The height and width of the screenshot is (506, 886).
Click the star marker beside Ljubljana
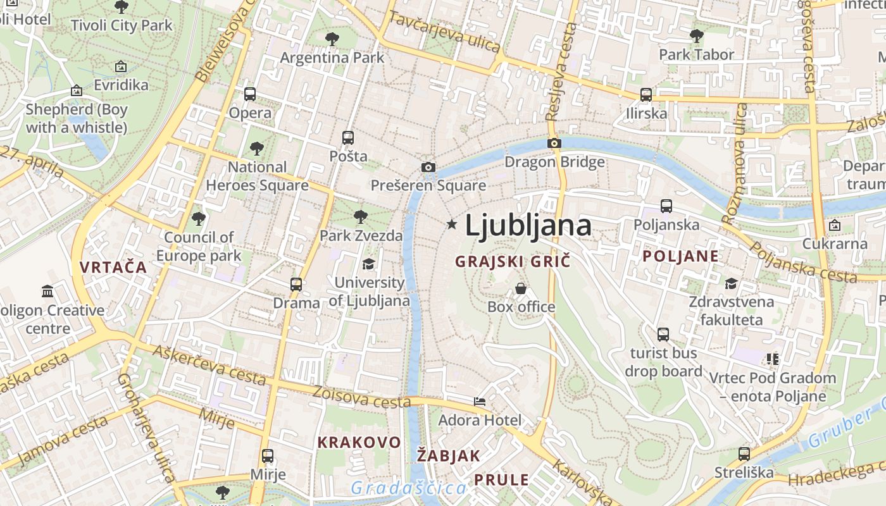(x=452, y=224)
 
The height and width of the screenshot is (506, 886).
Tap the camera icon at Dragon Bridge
(x=554, y=143)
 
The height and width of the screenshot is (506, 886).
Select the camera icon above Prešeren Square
(x=428, y=167)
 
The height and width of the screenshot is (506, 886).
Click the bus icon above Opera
(x=250, y=94)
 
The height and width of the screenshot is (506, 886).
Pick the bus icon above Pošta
(x=347, y=137)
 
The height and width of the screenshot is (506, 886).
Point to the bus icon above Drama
(x=296, y=284)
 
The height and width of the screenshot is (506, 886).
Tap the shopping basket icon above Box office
(x=521, y=288)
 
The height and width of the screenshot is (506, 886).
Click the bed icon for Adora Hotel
(x=480, y=401)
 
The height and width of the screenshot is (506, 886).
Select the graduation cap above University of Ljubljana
(x=368, y=264)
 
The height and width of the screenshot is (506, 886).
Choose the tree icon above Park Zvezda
(x=361, y=217)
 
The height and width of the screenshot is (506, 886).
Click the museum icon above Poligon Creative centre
(x=47, y=292)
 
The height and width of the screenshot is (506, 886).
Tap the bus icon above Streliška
(x=744, y=454)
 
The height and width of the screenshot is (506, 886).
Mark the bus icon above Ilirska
(x=646, y=95)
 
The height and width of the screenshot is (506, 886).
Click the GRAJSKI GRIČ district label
(x=513, y=261)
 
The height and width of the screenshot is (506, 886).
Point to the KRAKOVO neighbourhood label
(x=359, y=442)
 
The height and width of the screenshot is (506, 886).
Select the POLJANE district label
(x=681, y=256)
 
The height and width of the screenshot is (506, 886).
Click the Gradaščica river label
(x=409, y=488)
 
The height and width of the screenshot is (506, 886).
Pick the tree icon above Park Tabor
(x=696, y=36)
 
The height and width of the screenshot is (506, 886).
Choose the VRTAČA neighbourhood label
(x=113, y=267)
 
